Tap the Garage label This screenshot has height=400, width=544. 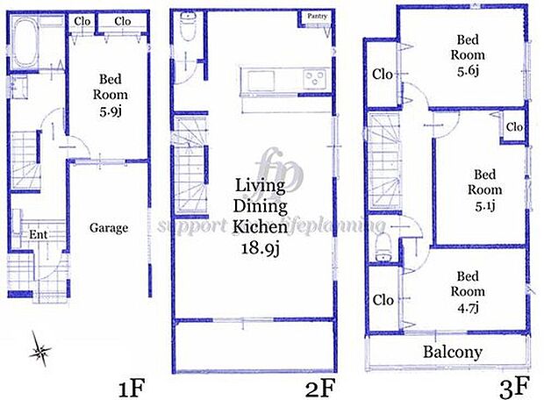(x=109, y=227)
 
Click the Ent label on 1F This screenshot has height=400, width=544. (x=39, y=234)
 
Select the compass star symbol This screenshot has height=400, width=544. (x=40, y=352)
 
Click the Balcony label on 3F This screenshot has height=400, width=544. (x=453, y=353)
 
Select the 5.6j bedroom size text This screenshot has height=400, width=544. (x=468, y=72)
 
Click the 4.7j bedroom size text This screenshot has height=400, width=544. (x=468, y=306)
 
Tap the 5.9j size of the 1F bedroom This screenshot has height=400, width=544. (x=111, y=111)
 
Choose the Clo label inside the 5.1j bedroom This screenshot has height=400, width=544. (x=514, y=127)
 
